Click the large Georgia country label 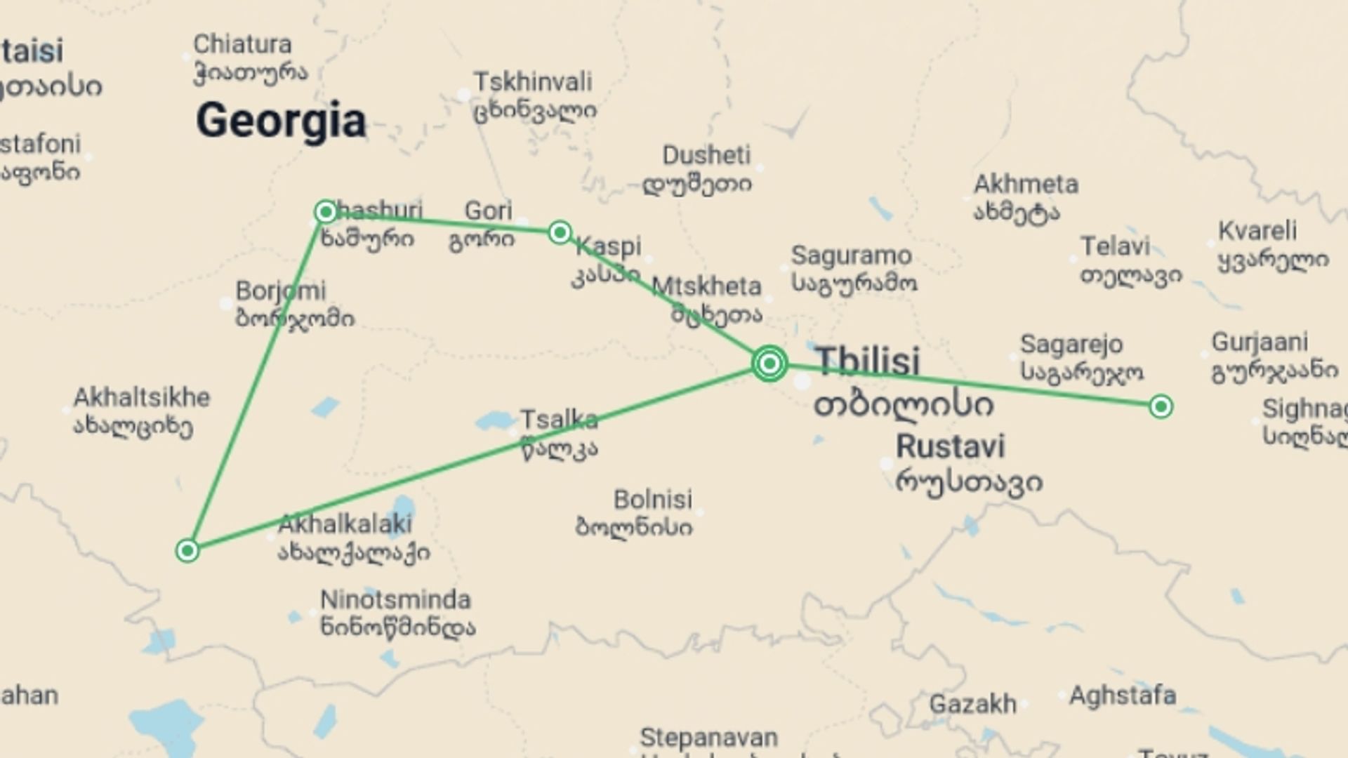click(x=281, y=121)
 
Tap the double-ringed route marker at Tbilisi click(x=769, y=364)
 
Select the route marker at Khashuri click(x=326, y=212)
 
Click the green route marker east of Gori click(x=560, y=232)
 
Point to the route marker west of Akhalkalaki click(x=187, y=551)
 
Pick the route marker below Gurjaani click(x=1161, y=406)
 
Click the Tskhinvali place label click(x=534, y=83)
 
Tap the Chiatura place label click(x=242, y=45)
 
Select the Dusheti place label click(x=706, y=156)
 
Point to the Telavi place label click(x=1115, y=247)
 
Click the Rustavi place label click(x=951, y=447)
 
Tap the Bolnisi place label click(x=653, y=500)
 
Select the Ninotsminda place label click(x=395, y=600)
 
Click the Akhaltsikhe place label click(x=142, y=398)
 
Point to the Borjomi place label click(x=281, y=291)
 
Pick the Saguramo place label click(x=852, y=256)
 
